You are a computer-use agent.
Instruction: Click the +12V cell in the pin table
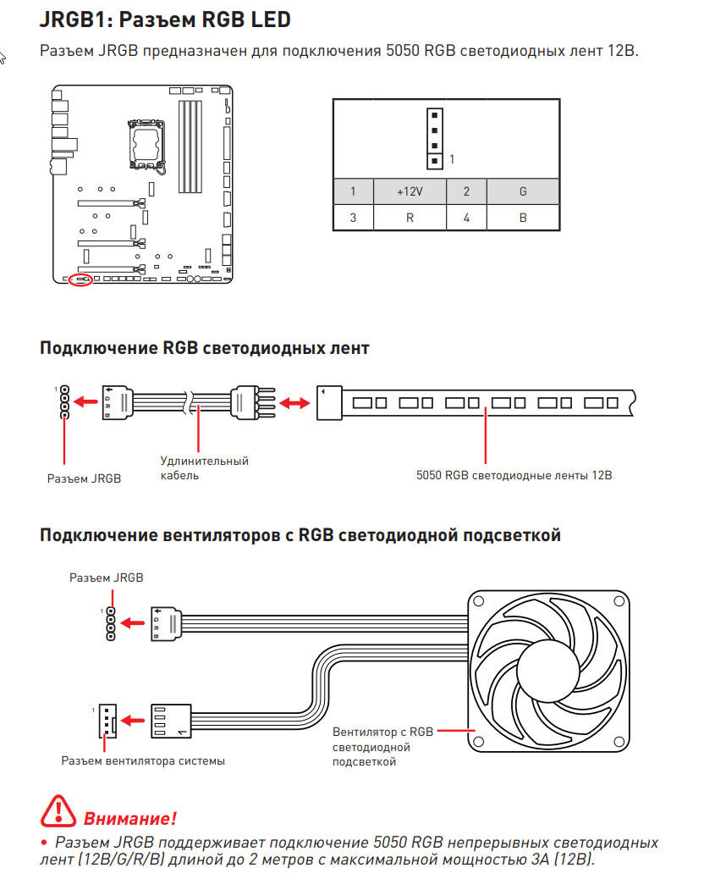410,191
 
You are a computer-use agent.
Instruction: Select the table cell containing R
410,218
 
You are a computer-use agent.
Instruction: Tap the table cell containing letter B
522,218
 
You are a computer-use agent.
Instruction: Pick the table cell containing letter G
522,191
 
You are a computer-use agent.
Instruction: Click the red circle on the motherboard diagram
80,279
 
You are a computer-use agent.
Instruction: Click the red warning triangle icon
58,811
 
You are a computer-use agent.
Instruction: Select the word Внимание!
129,818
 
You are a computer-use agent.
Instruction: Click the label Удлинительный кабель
204,468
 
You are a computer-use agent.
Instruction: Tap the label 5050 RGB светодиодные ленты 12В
514,475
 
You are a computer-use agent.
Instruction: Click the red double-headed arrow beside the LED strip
294,404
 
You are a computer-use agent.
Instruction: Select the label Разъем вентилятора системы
143,760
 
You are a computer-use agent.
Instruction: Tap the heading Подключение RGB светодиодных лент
205,347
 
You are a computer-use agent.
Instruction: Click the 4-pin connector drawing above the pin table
433,138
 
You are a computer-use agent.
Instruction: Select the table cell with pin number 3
353,218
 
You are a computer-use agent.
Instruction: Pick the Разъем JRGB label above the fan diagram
107,578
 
